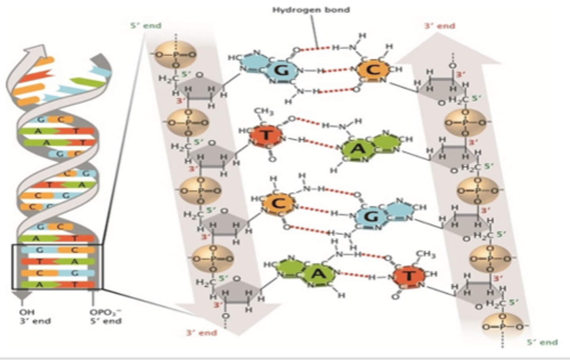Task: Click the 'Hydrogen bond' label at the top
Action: click(x=311, y=10)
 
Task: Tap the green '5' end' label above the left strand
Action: click(x=146, y=26)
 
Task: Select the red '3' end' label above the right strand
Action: click(x=439, y=26)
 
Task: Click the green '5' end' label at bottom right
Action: click(x=542, y=342)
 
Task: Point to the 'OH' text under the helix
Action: click(x=27, y=312)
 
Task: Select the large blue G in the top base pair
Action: click(x=281, y=70)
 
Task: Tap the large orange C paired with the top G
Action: click(x=373, y=70)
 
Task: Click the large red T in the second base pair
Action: click(x=267, y=135)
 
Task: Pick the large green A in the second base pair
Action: click(x=357, y=149)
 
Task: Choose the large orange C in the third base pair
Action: click(x=279, y=204)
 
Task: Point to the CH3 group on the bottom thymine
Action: click(x=426, y=254)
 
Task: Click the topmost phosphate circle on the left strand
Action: click(x=175, y=55)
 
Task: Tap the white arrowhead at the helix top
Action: click(x=36, y=51)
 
